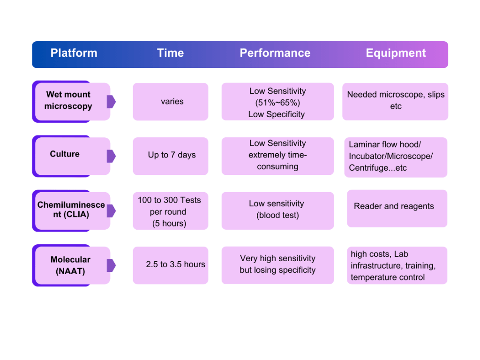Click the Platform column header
coord(74,53)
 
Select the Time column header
coord(170,53)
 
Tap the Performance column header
coord(275,53)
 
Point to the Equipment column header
coord(396,53)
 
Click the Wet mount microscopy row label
coord(68,100)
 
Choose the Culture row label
coord(65,154)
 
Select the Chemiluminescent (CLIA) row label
coord(71,210)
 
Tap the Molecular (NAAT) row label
coord(70,265)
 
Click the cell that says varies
coord(172,101)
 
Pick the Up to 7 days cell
coord(172,155)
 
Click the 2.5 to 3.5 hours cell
coord(175,264)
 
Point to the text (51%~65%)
coord(277,103)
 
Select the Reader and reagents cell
coord(394,206)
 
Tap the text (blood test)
coord(277,216)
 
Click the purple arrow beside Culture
coord(111,156)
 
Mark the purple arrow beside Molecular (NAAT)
coord(111,265)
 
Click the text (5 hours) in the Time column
coord(169,224)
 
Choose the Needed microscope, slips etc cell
coord(396,100)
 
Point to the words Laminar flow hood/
coord(385,144)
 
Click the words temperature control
coord(388,277)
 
